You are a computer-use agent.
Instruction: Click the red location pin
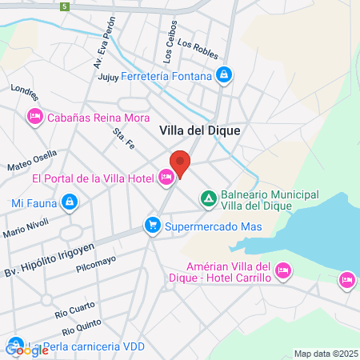tap(180, 163)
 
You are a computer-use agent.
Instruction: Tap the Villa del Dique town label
tap(200, 129)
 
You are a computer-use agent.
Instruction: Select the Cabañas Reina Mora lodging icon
tap(34, 118)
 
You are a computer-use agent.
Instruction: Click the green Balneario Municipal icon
tap(208, 197)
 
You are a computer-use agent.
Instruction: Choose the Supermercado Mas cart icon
tap(151, 226)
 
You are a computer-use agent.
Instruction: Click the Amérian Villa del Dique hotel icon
tap(282, 272)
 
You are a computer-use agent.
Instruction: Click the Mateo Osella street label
tap(32, 161)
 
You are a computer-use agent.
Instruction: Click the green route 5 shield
tap(64, 6)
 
